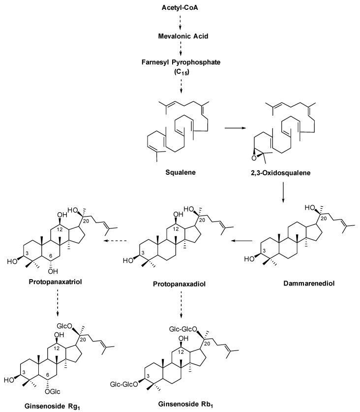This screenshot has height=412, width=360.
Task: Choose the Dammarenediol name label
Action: tap(309, 284)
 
